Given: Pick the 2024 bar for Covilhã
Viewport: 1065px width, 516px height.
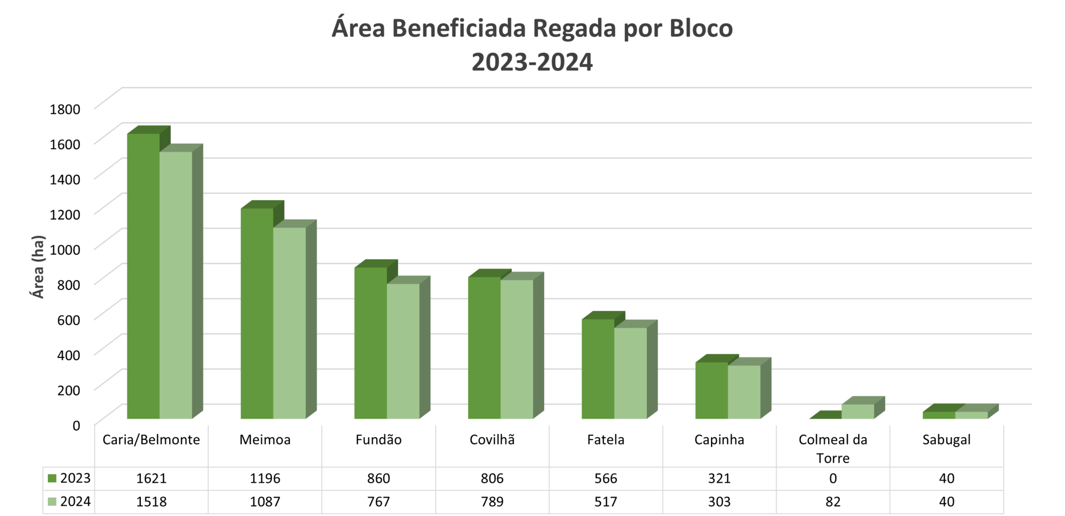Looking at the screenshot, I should coord(517,350).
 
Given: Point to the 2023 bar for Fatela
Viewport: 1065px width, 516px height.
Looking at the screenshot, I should coord(598,369).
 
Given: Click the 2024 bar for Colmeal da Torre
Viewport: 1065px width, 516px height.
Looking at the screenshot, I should coord(858,411).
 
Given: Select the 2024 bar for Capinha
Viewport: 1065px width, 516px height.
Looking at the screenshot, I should coord(744,392).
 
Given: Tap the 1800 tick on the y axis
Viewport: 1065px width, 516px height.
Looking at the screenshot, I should coord(65,109).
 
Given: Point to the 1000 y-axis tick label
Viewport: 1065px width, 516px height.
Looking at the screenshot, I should coord(65,249).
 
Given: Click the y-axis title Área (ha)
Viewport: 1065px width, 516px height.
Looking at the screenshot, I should coord(38,267).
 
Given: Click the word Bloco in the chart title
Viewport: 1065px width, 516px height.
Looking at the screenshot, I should coord(701,28).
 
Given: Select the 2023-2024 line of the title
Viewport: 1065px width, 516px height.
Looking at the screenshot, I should coord(532,62).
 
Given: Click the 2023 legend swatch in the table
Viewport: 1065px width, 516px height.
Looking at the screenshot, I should coord(53,478).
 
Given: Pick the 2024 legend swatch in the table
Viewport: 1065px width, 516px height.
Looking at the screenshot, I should coord(53,502).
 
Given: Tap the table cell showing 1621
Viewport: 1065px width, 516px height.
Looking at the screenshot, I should coord(151,478).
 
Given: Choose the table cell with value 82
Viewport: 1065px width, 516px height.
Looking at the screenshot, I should coord(833,502).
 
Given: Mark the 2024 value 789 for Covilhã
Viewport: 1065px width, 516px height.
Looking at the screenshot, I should coord(492,502).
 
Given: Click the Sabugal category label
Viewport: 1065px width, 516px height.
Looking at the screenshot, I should coord(946,440).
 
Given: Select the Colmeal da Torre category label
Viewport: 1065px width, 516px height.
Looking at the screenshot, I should coord(833,448).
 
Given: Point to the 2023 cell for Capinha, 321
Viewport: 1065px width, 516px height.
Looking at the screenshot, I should coord(719,478).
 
